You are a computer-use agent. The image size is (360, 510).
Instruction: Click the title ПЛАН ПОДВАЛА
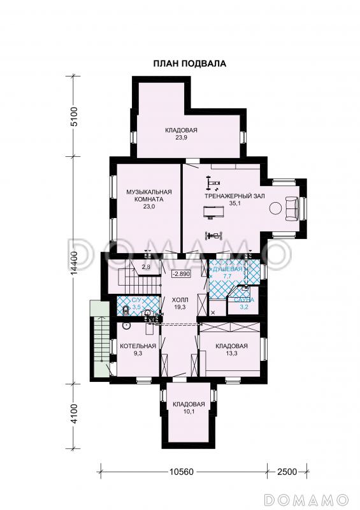click(x=190, y=63)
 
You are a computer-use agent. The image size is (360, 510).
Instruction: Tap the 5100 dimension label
click(x=75, y=116)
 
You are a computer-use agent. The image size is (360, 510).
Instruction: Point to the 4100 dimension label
click(x=75, y=413)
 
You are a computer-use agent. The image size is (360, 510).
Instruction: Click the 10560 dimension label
click(x=182, y=472)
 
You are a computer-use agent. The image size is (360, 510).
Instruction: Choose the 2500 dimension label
click(x=287, y=472)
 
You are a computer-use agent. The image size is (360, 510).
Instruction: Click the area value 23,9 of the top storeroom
click(x=181, y=137)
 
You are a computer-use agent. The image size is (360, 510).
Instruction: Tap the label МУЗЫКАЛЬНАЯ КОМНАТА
click(x=148, y=196)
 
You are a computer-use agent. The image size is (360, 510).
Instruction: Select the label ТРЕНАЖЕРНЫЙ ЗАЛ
click(x=234, y=196)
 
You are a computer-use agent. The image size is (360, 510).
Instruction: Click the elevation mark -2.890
click(x=182, y=274)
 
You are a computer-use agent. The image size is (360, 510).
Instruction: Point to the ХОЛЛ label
click(x=180, y=300)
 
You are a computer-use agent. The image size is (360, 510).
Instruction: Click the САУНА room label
click(x=244, y=300)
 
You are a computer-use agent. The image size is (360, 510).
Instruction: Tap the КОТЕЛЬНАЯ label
click(x=138, y=346)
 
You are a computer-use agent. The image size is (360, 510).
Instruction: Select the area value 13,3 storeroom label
click(x=231, y=353)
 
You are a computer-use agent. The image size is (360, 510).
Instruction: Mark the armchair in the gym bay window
click(x=291, y=208)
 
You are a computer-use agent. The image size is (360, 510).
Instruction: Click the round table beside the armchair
click(x=275, y=208)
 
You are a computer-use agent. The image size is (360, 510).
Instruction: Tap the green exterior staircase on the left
click(x=100, y=340)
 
